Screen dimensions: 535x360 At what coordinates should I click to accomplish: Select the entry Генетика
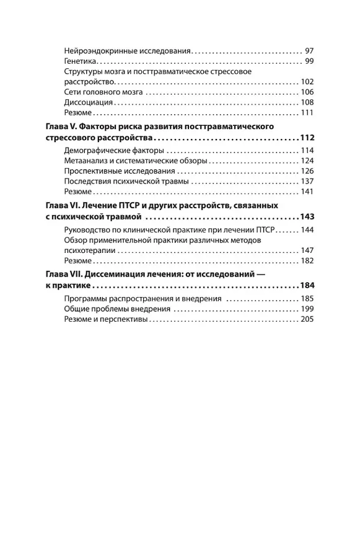(79, 61)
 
